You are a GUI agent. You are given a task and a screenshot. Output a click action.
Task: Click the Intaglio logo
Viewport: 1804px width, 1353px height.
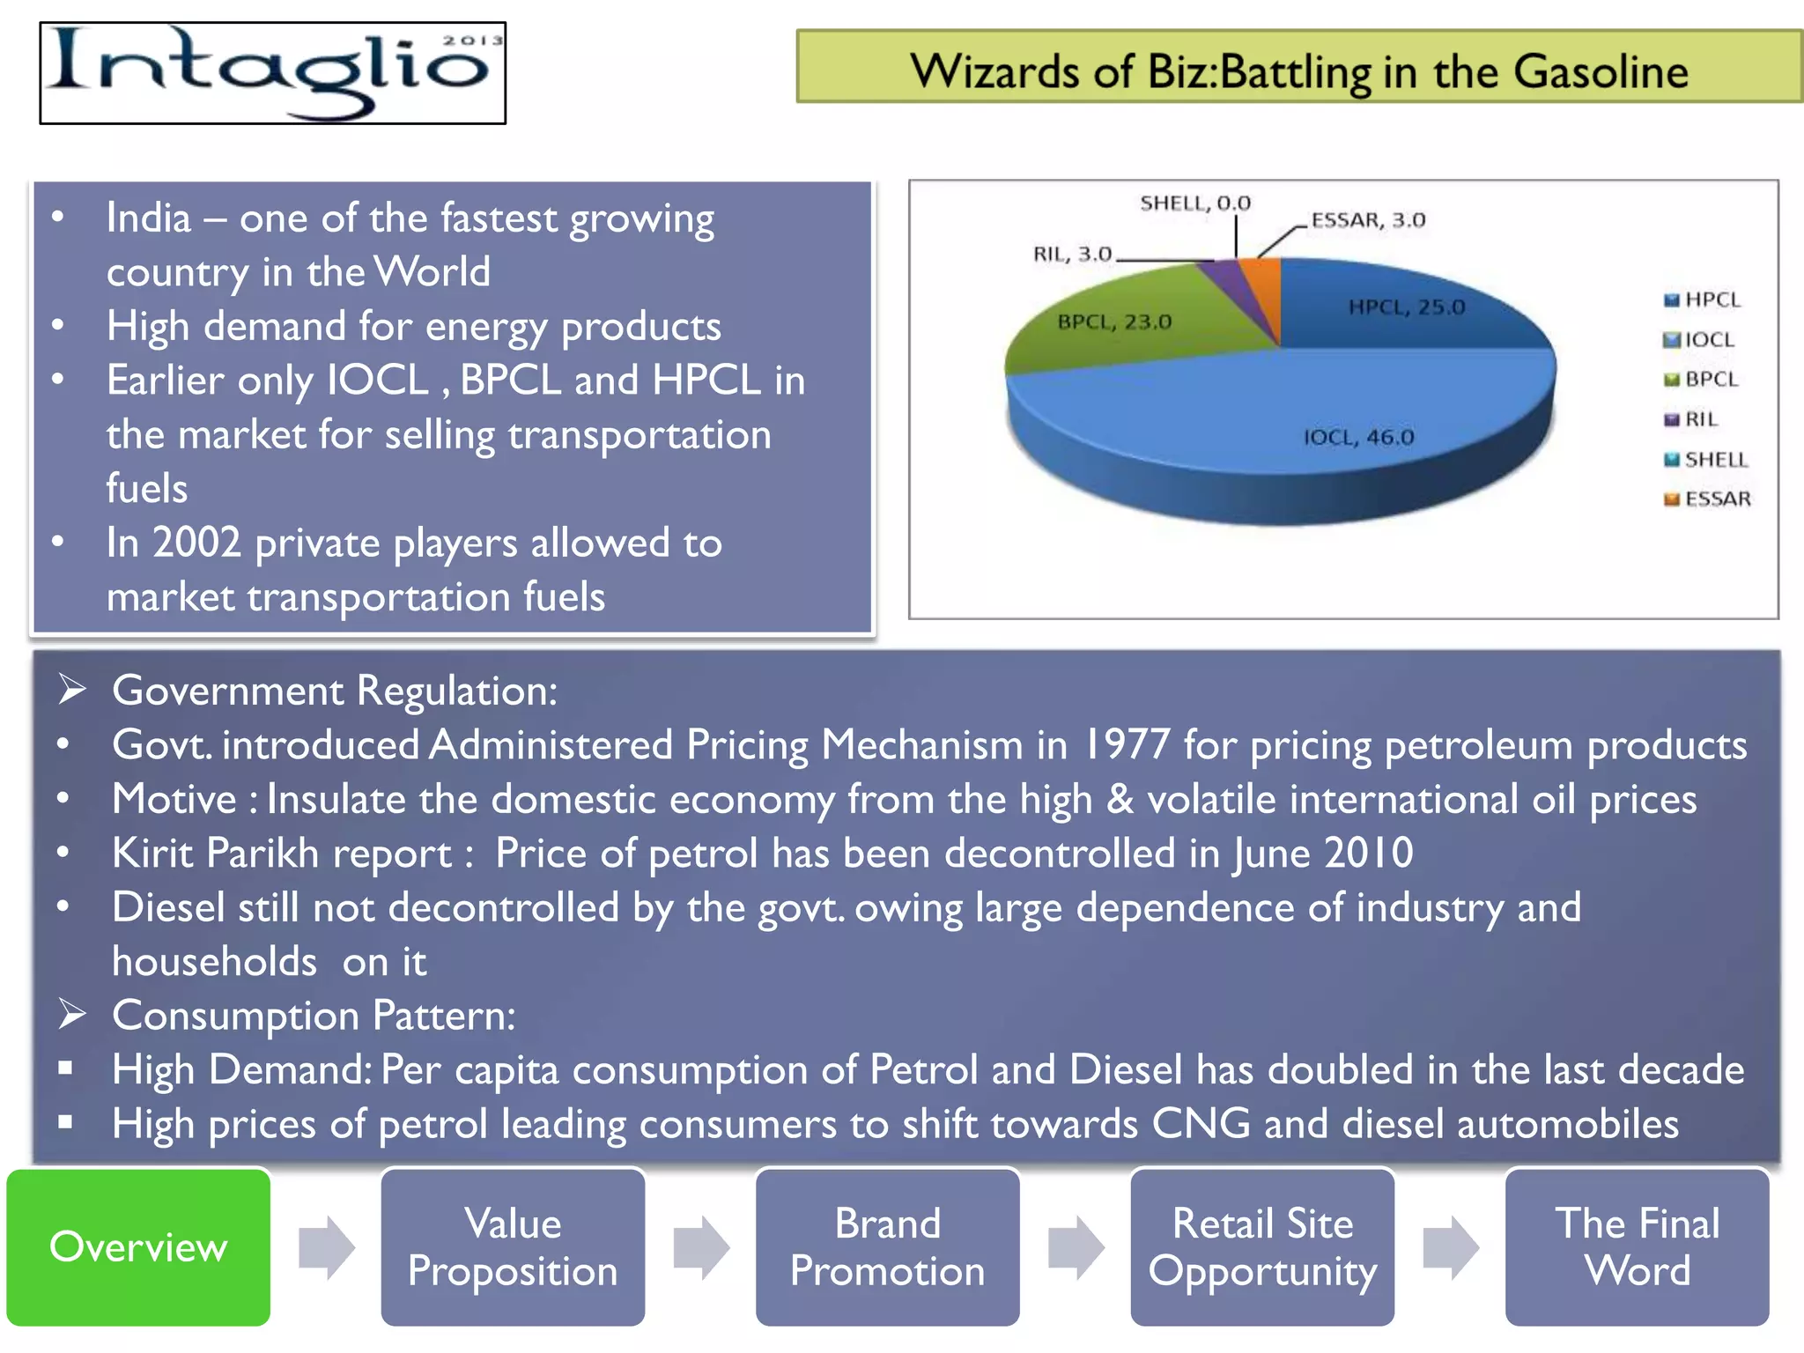tap(273, 73)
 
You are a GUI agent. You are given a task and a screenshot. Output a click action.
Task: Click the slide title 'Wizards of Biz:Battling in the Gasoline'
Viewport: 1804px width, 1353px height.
tap(1298, 70)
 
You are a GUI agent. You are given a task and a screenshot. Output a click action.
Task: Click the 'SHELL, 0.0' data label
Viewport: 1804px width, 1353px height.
tap(1195, 203)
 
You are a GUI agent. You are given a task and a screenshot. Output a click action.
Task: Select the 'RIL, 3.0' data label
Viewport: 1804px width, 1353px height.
tap(1072, 255)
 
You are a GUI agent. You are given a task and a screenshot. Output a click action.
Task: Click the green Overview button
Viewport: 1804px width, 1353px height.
tap(138, 1246)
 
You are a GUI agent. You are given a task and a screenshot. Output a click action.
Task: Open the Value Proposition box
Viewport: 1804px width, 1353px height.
tap(513, 1246)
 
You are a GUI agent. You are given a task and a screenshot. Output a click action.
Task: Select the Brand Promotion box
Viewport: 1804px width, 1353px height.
tap(887, 1246)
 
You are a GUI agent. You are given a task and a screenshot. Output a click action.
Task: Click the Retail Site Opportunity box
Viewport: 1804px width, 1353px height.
tap(1262, 1246)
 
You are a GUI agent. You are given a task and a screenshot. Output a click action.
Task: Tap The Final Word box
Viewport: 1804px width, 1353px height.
tap(1637, 1246)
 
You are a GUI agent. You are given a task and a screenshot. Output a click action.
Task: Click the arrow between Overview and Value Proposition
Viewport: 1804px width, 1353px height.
tap(326, 1246)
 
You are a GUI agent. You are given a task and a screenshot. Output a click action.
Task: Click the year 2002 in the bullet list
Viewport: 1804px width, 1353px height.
tap(196, 543)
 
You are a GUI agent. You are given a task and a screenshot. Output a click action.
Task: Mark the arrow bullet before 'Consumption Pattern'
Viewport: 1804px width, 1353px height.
tap(71, 1015)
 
